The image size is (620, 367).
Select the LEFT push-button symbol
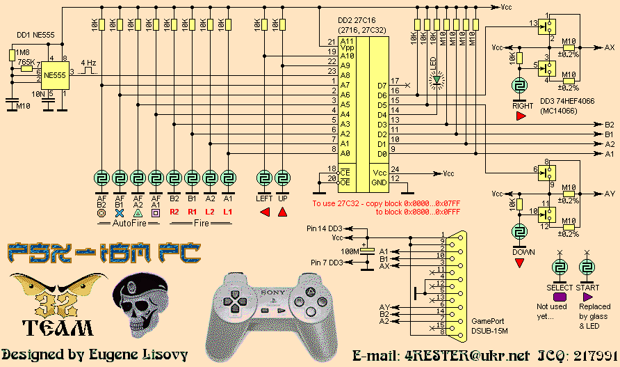(x=264, y=178)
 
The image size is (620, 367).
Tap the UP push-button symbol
(x=283, y=178)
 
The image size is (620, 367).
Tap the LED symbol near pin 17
(x=437, y=79)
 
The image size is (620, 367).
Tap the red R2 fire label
(x=174, y=211)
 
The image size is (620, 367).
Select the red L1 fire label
(x=228, y=211)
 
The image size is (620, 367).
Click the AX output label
(x=609, y=47)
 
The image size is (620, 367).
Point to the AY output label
(x=609, y=194)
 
